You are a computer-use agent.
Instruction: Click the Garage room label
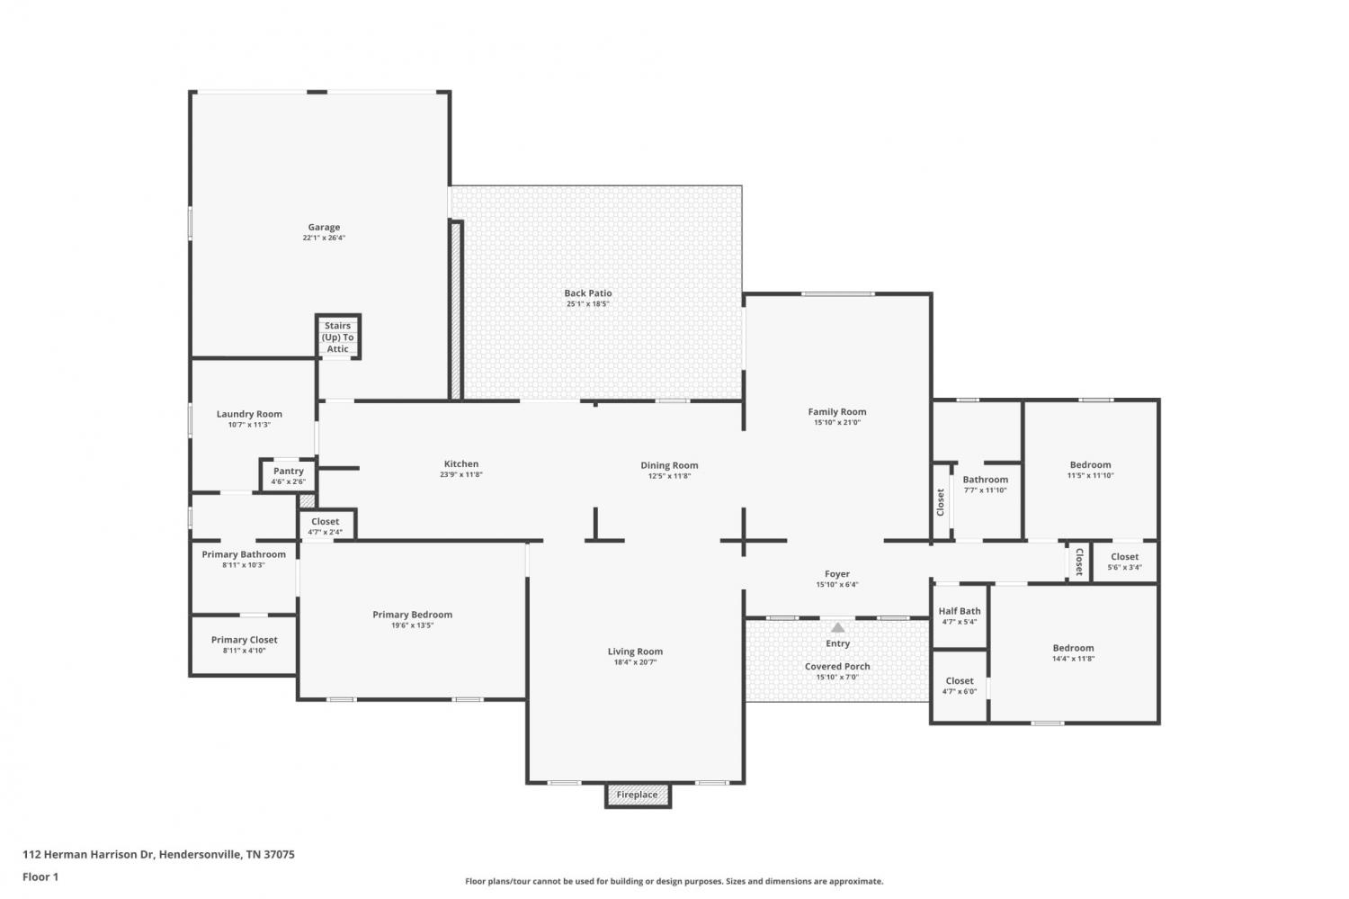click(x=324, y=227)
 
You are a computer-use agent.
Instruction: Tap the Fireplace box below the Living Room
click(x=638, y=795)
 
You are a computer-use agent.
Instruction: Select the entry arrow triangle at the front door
click(x=837, y=628)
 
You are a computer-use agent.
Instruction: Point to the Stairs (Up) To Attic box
click(x=338, y=337)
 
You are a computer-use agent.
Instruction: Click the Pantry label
click(x=289, y=472)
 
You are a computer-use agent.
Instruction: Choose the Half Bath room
click(x=960, y=616)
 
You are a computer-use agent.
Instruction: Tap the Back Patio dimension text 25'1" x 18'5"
click(x=588, y=303)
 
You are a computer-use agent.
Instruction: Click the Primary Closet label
click(x=245, y=640)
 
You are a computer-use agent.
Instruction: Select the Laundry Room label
click(x=249, y=414)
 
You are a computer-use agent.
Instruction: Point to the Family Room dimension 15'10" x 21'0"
click(x=837, y=422)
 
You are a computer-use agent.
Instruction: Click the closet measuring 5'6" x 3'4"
click(x=1125, y=562)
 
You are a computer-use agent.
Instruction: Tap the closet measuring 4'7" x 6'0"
click(x=960, y=686)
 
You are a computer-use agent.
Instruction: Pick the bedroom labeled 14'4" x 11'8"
click(x=1074, y=653)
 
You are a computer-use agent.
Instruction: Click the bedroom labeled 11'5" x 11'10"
click(x=1091, y=470)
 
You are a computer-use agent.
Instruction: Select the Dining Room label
click(x=669, y=465)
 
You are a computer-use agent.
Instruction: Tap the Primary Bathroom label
click(x=244, y=554)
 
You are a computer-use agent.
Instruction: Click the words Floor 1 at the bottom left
click(x=40, y=877)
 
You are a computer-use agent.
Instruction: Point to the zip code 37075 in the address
click(x=279, y=854)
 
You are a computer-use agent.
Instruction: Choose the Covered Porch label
click(x=837, y=667)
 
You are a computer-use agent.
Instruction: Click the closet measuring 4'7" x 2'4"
click(x=326, y=526)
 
